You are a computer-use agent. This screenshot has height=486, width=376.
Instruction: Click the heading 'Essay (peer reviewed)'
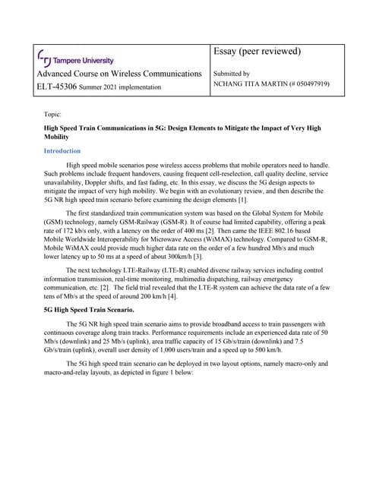click(258, 52)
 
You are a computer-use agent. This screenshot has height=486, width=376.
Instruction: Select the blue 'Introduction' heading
click(62, 151)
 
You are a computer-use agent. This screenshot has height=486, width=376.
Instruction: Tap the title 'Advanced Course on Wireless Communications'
click(119, 73)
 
